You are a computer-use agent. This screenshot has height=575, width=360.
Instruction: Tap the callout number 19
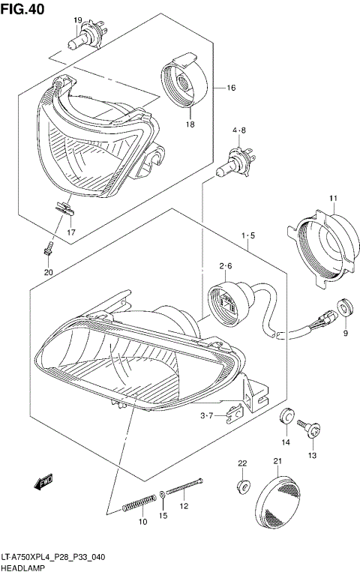coord(77,20)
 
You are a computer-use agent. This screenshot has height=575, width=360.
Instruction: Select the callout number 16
coord(231,88)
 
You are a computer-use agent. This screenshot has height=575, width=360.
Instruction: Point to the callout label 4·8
coord(238,130)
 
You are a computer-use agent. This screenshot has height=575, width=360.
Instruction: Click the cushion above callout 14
coord(286,417)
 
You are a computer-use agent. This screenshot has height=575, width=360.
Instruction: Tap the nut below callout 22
coord(243,487)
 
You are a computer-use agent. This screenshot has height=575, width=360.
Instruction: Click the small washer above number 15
coord(163,495)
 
